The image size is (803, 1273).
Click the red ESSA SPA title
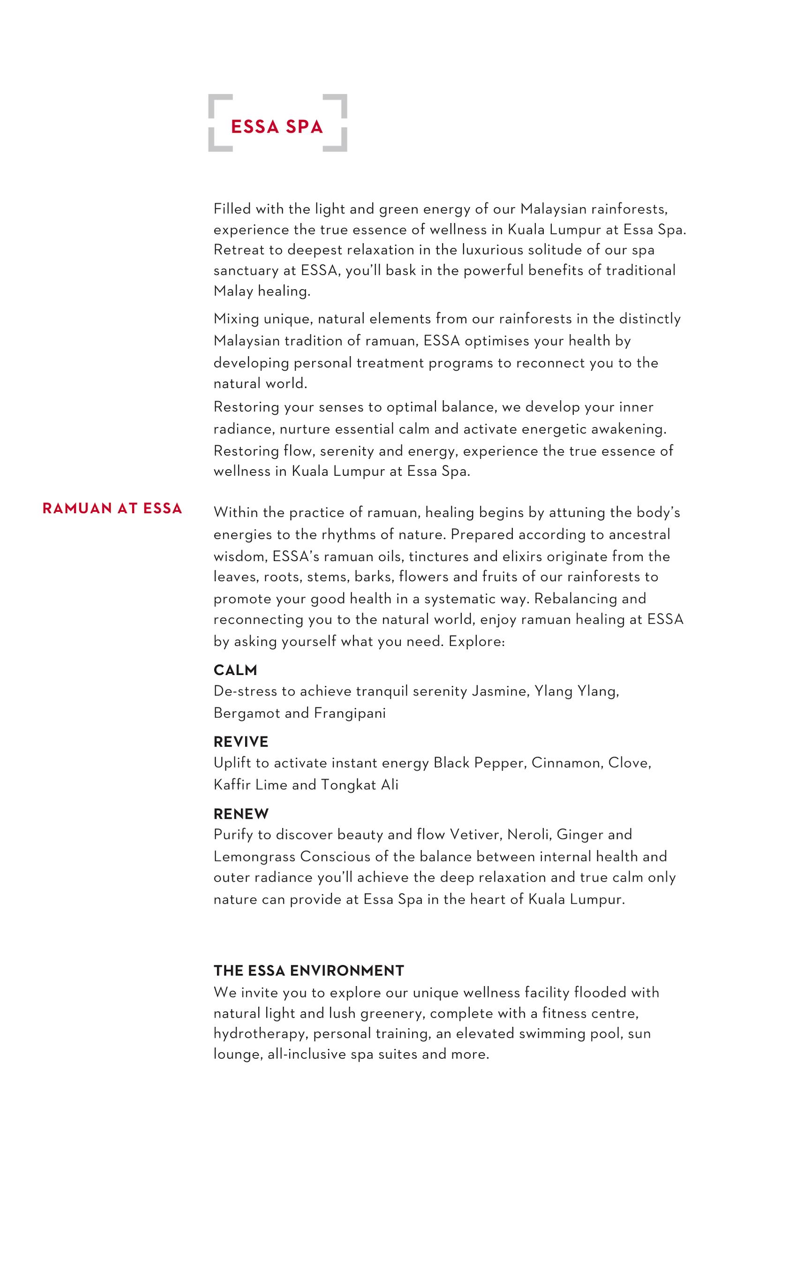click(277, 127)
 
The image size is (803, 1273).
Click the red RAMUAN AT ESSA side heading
click(112, 509)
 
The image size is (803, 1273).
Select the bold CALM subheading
click(235, 670)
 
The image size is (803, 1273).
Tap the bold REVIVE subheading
click(241, 741)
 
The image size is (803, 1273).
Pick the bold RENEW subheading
click(241, 814)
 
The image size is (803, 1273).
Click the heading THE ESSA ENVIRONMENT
click(309, 971)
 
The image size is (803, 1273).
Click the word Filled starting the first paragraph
click(232, 209)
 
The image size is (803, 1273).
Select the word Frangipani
click(350, 713)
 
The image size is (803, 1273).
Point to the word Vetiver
click(475, 835)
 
